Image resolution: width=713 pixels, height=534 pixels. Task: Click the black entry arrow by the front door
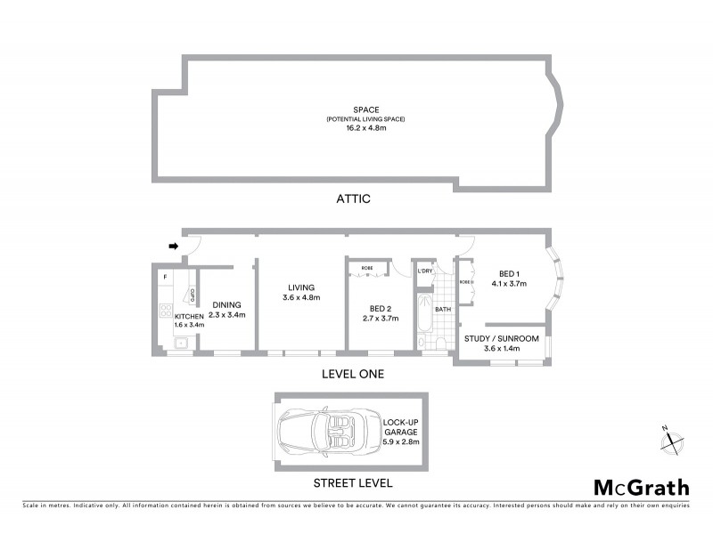pos(175,247)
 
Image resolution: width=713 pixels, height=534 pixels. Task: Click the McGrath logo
pos(641,487)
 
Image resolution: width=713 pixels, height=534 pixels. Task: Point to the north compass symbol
pos(670,439)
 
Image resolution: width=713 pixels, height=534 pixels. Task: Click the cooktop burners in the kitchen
pos(166,311)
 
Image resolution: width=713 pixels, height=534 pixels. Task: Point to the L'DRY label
pos(424,271)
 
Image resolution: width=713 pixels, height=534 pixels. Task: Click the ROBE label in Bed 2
pos(366,267)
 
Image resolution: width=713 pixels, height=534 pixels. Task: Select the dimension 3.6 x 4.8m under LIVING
pos(302,297)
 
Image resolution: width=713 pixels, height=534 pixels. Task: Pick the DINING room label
pos(225,303)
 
